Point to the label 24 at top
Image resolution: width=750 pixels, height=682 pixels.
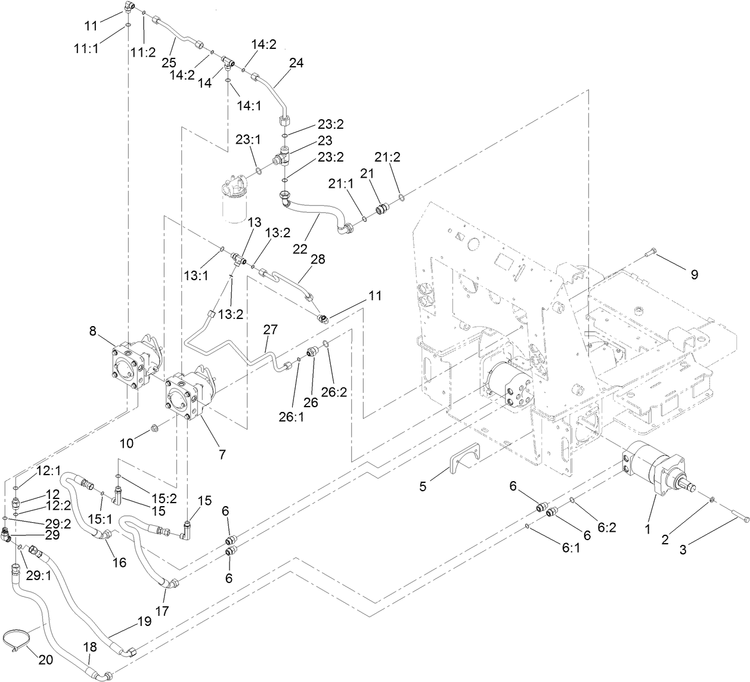[x=296, y=63]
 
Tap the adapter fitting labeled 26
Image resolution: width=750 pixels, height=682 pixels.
[x=311, y=353]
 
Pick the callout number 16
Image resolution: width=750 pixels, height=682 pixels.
[x=119, y=562]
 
